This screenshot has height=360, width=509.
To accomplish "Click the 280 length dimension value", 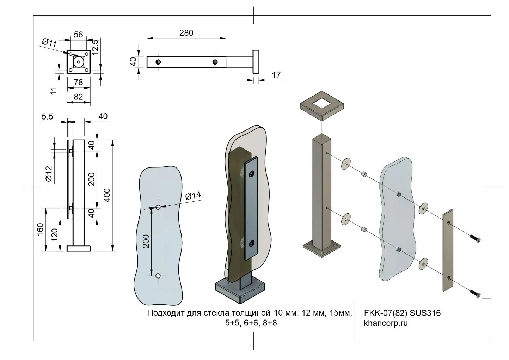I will click(x=186, y=33).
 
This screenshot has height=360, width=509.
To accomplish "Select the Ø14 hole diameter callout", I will click(x=192, y=196).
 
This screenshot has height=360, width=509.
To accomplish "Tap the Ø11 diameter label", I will click(x=49, y=43).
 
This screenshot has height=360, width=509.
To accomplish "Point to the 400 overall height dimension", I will click(x=107, y=195).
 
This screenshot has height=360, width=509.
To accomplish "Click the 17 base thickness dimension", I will click(x=276, y=75).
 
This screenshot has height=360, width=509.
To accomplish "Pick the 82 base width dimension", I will click(x=78, y=96).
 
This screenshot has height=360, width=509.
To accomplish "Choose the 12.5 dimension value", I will click(x=95, y=45).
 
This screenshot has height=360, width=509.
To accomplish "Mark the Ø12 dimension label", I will click(x=49, y=173).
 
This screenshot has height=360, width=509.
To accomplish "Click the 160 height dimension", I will click(x=40, y=230).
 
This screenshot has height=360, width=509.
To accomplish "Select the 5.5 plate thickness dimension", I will click(x=47, y=116).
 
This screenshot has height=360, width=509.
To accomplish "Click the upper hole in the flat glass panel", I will click(x=158, y=207).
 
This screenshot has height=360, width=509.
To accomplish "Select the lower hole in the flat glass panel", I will click(x=158, y=275).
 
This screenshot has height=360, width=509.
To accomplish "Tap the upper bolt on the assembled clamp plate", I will click(x=251, y=173).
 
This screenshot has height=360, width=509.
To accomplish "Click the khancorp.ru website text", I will click(x=386, y=323).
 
